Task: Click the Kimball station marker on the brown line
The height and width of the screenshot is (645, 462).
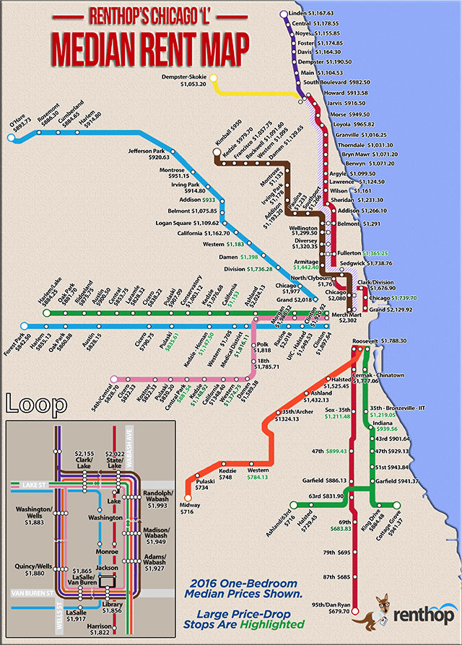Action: tap(215, 152)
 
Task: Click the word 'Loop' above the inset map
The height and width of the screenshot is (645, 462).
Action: tap(30, 403)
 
